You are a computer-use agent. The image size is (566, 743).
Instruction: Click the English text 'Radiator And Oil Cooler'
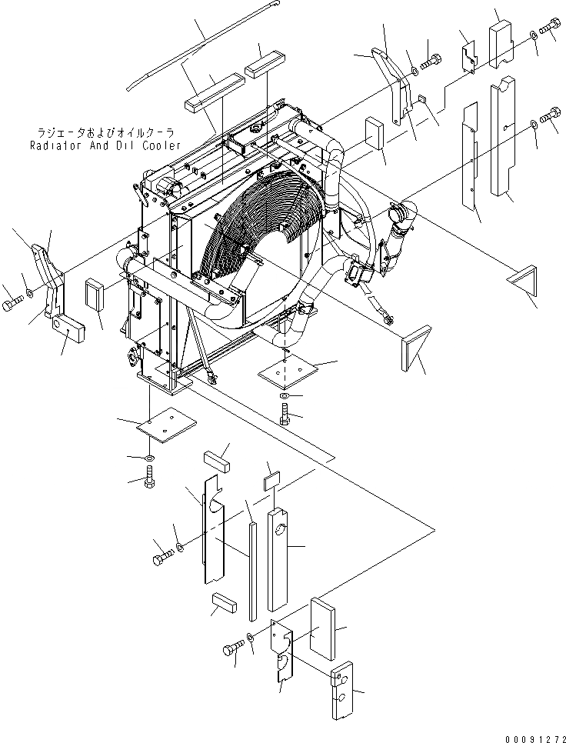click(105, 145)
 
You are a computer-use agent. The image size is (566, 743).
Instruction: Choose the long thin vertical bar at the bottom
click(252, 569)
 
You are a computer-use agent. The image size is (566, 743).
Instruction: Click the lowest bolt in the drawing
click(231, 651)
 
